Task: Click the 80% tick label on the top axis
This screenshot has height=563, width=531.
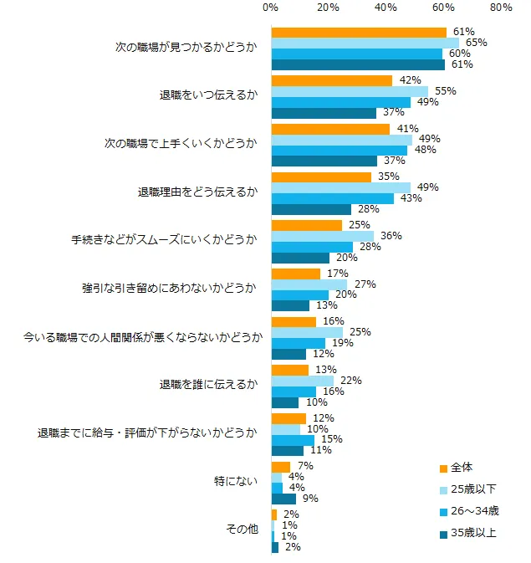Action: click(x=501, y=8)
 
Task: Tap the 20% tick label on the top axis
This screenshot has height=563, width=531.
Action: click(x=329, y=8)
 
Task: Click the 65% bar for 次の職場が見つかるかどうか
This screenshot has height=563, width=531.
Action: click(x=365, y=43)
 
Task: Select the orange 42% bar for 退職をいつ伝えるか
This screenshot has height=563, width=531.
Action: click(x=332, y=80)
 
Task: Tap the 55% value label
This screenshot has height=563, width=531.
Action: click(x=445, y=91)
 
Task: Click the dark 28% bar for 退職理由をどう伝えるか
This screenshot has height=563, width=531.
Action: click(x=311, y=209)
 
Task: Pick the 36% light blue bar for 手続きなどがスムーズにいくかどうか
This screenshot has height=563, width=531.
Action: click(x=323, y=236)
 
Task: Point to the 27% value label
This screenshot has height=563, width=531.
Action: click(x=365, y=284)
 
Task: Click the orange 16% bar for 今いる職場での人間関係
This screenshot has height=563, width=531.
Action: click(x=294, y=321)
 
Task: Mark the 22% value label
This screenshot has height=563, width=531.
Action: click(x=350, y=381)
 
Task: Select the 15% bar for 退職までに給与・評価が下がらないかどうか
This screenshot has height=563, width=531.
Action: click(x=293, y=439)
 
